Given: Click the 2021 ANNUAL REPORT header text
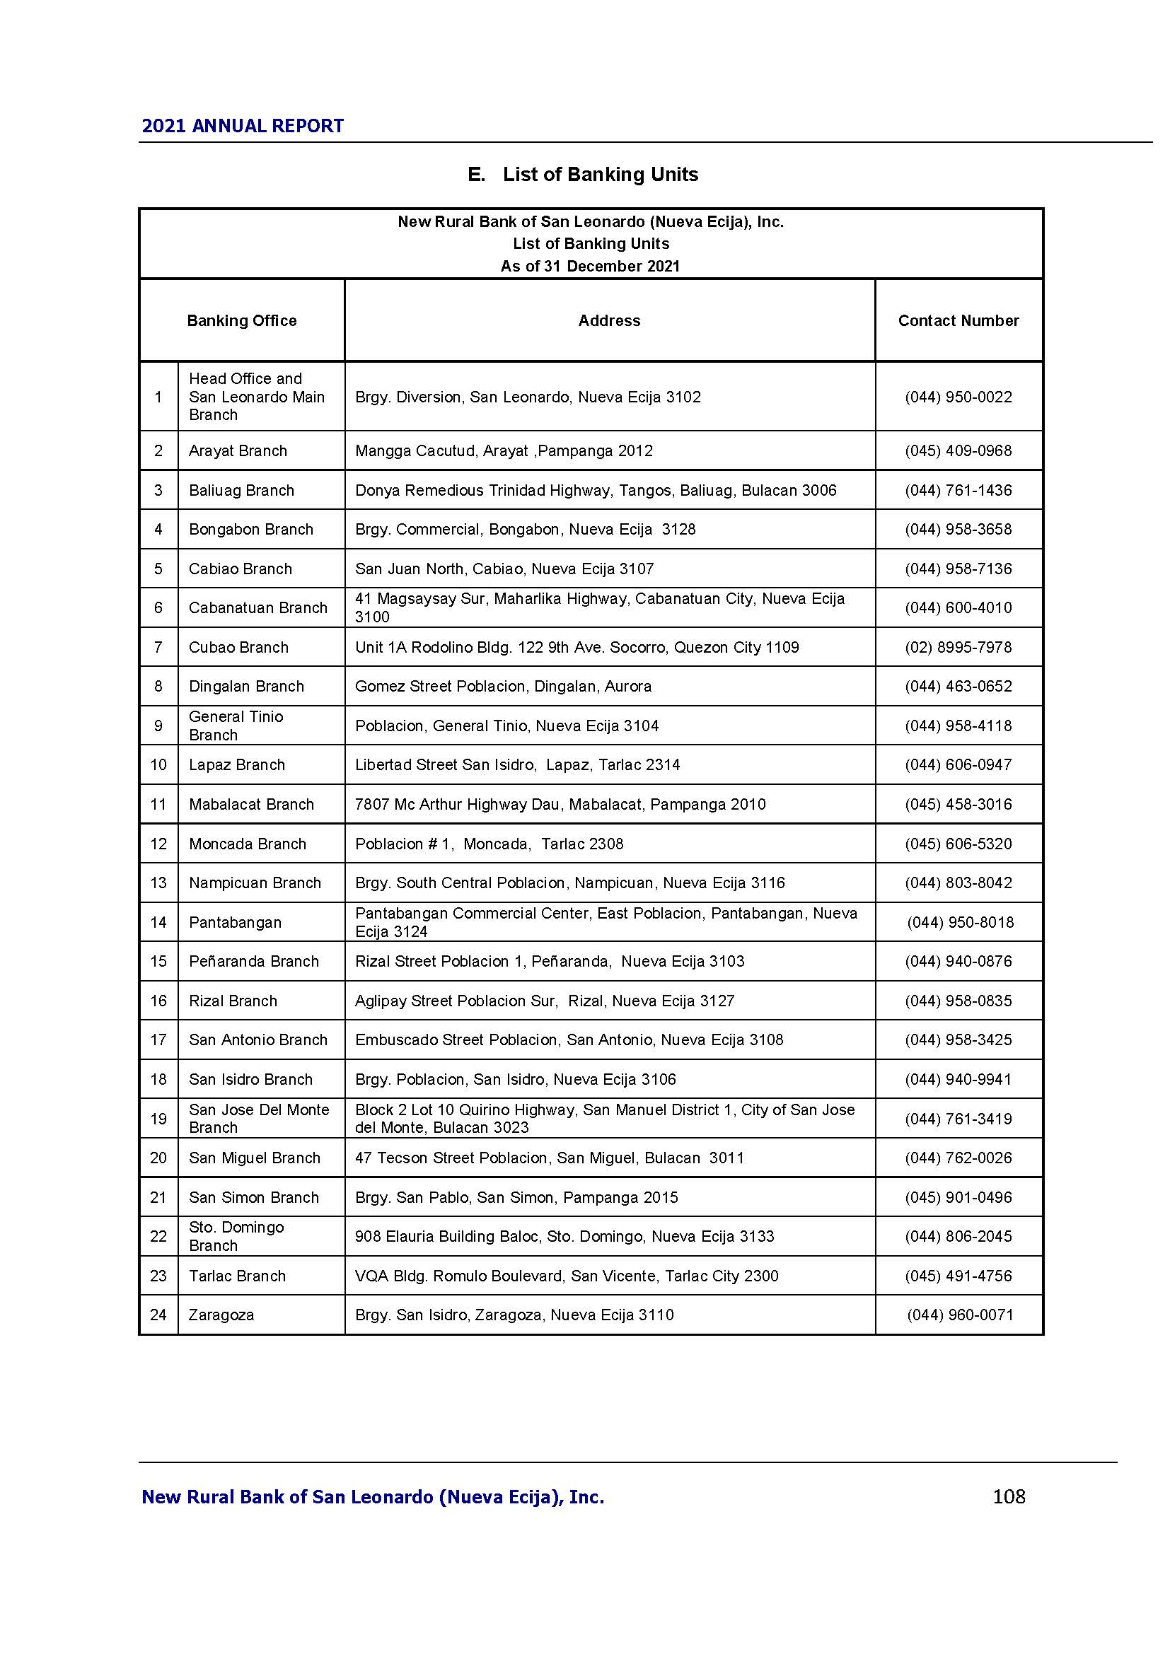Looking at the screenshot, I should (242, 126).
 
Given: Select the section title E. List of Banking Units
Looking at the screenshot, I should (583, 175).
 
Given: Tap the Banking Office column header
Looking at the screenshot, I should (241, 320).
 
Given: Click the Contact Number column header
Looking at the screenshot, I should (958, 320).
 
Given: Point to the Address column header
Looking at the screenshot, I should (609, 320).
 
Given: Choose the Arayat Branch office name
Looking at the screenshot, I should (238, 451).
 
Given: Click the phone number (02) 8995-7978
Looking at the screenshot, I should (958, 647).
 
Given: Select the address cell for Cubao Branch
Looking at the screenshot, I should (577, 647).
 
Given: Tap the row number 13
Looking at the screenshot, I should (158, 883).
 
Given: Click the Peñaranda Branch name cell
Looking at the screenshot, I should (254, 961).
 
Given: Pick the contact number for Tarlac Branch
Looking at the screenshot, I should (958, 1276).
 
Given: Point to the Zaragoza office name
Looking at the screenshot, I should (221, 1315).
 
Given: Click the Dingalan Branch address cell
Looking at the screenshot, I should (503, 686).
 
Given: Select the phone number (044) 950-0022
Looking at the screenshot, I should (958, 397).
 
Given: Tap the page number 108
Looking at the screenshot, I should (1009, 1497).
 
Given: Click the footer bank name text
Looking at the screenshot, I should (373, 1498).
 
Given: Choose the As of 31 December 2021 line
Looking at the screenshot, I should (590, 266).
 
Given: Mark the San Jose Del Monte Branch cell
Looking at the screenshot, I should (259, 1118).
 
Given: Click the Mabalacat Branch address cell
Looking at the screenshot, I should (560, 804).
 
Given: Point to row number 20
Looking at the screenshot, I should (158, 1158).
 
